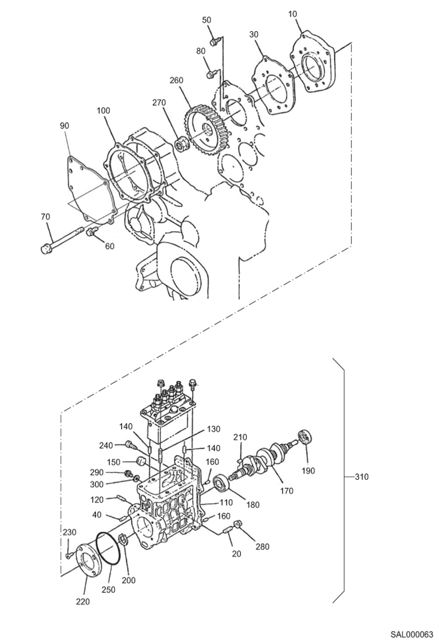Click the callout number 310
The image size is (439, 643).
pos(361,477)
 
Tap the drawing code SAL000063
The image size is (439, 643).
pos(411,635)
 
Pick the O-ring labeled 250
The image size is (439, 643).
pos(108,548)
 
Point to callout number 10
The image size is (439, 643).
pos(292,14)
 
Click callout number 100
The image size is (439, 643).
pos(103,110)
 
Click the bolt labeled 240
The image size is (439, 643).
pos(130,445)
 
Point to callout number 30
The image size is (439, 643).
pos(254,34)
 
